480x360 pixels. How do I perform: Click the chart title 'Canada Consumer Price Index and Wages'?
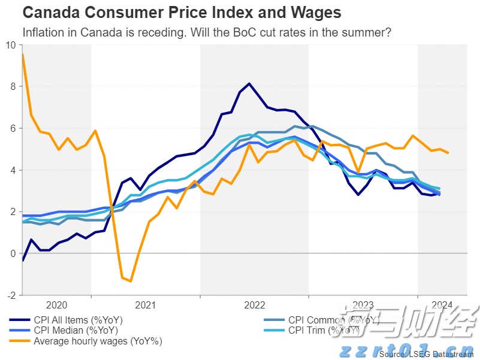point(182,13)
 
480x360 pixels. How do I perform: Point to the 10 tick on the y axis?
point(11,45)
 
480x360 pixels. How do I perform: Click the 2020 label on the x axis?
point(56,304)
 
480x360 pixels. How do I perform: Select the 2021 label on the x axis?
point(146,304)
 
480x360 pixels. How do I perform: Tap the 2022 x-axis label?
point(255,304)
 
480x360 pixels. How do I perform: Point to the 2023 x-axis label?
point(363,304)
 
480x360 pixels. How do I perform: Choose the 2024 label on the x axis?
point(441,304)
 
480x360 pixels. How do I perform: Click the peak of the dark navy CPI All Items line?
point(249,83)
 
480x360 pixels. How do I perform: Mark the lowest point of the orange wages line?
point(131,281)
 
